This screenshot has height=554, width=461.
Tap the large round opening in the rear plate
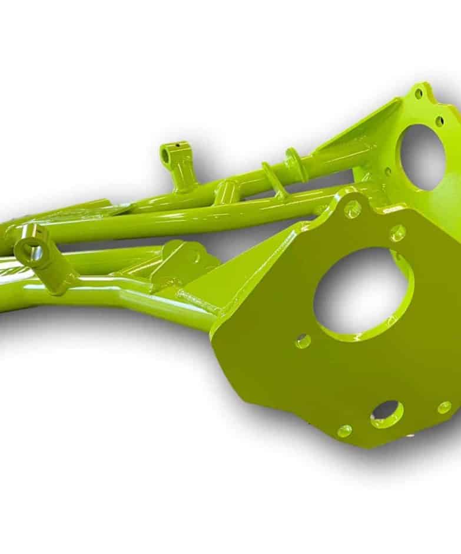click(423, 156)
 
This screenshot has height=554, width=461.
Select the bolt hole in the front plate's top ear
click(352, 208)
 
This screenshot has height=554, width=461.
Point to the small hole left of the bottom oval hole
click(344, 431)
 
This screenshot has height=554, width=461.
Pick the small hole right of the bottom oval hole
click(444, 407)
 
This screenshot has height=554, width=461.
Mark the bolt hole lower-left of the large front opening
click(303, 341)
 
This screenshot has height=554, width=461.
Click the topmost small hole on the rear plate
click(419, 94)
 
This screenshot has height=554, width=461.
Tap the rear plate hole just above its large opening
click(439, 121)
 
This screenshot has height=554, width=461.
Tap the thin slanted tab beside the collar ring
click(271, 179)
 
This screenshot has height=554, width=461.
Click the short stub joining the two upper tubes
click(226, 192)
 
